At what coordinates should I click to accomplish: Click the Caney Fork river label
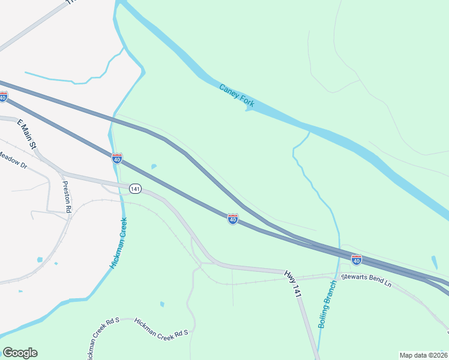(237, 97)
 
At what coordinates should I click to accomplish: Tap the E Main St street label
(28, 134)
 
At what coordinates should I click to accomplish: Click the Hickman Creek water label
(119, 242)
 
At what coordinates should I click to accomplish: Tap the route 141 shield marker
(135, 189)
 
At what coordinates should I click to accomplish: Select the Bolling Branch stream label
(328, 304)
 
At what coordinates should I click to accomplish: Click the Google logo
(20, 353)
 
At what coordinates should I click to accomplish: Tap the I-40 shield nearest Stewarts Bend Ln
(357, 260)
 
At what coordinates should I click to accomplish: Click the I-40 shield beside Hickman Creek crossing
(117, 158)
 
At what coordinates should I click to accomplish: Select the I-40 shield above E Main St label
(4, 97)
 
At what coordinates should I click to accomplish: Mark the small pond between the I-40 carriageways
(154, 166)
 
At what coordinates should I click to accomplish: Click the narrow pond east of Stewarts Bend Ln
(434, 263)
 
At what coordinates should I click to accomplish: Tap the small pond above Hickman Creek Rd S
(162, 304)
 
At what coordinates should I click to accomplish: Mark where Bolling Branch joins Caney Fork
(309, 131)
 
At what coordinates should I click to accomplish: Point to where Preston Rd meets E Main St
(62, 174)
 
